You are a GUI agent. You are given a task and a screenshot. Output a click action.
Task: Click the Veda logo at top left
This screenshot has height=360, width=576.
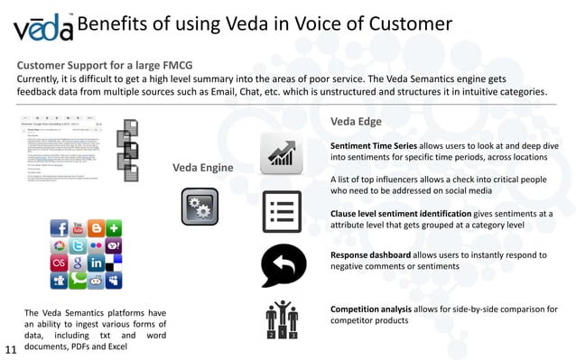point(42,28)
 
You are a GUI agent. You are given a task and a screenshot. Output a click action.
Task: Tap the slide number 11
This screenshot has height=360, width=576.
point(12,349)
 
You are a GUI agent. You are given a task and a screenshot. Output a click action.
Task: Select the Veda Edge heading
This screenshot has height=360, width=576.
point(356,121)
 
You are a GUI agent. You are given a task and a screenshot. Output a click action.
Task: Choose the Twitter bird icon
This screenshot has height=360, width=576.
point(78,246)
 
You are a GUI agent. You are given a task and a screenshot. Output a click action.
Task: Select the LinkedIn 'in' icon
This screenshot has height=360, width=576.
point(97,263)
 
